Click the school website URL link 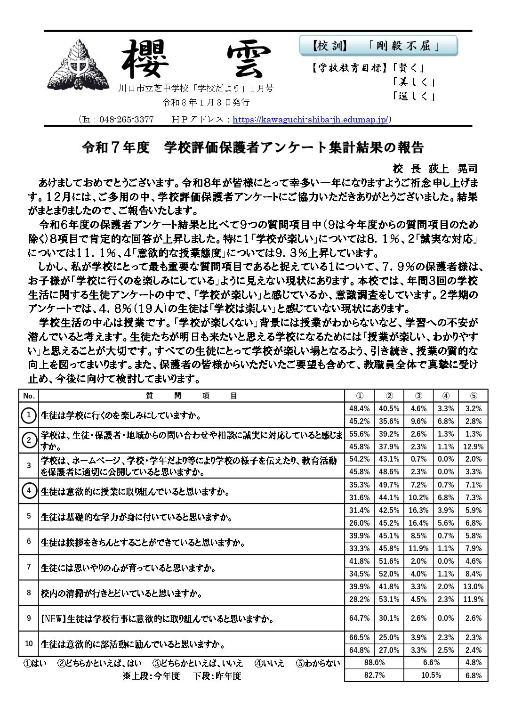[310, 120]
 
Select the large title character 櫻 [145, 59]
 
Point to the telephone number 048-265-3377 [126, 120]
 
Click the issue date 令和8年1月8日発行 [206, 102]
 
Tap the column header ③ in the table [418, 396]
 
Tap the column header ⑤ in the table [473, 396]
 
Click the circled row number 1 [29, 415]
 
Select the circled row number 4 [29, 491]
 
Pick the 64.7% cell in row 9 [359, 618]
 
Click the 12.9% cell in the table [473, 447]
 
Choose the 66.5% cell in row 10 [359, 637]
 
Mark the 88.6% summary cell [374, 662]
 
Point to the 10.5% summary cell [431, 675]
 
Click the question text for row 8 [121, 593]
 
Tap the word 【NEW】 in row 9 [53, 619]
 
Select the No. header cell [29, 396]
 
